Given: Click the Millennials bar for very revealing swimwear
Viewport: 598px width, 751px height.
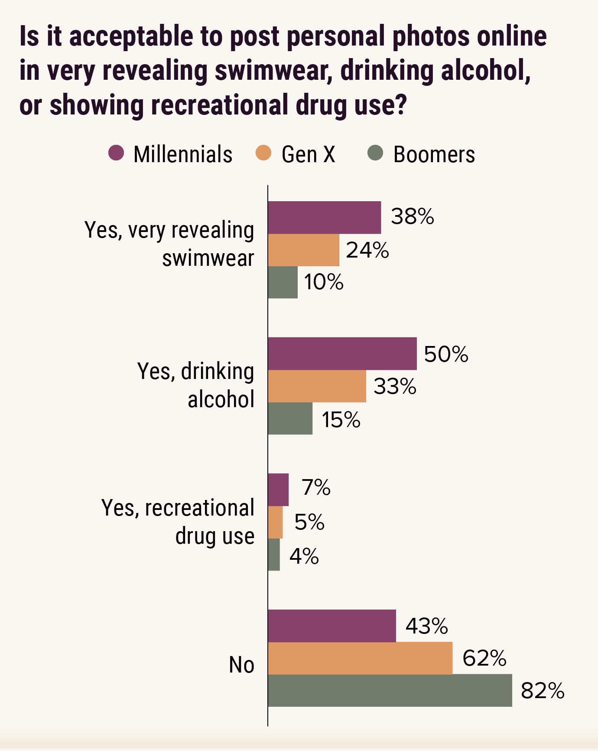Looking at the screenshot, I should (324, 218).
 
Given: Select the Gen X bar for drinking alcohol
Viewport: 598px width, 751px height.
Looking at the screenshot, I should (317, 386).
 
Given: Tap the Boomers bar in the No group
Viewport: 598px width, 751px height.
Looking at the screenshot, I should (390, 690).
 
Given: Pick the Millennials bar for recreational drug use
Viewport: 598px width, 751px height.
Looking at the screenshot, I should (278, 490).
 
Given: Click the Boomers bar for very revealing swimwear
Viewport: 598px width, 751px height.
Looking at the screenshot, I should (283, 282).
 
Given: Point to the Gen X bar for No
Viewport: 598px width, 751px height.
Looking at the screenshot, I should (360, 658).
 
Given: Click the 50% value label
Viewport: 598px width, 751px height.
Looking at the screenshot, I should (446, 354).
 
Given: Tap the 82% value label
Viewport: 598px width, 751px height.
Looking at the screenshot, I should (543, 691).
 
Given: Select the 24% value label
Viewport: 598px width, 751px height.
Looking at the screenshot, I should (367, 250).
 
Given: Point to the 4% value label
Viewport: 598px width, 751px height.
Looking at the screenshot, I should (304, 556).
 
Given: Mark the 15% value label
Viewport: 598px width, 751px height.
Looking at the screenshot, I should (341, 420).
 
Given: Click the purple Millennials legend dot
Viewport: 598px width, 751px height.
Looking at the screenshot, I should (116, 153).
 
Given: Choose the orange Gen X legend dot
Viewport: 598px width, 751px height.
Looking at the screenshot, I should (263, 153).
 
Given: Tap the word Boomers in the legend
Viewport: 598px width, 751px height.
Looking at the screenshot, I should (434, 154).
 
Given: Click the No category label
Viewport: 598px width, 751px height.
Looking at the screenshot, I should (241, 665).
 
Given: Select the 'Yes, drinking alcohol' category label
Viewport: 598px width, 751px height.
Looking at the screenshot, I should (196, 385).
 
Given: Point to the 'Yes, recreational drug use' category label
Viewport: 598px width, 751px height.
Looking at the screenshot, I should (178, 522).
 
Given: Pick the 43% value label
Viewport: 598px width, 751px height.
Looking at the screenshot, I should (426, 626).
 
